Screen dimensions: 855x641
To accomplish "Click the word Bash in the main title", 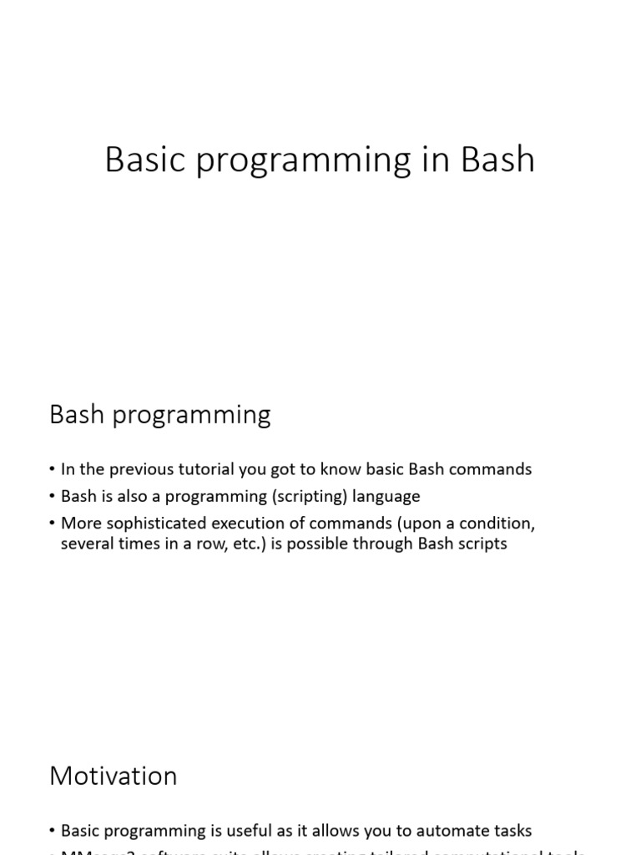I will tap(497, 159).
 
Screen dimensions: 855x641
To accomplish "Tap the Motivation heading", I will tap(114, 776).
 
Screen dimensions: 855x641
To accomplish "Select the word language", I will tap(386, 496).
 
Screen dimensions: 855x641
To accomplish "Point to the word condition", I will tap(497, 524).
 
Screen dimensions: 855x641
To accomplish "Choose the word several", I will tap(86, 544).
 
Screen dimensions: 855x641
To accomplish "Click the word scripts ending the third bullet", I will tap(482, 544).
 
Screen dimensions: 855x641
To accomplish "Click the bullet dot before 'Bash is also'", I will tap(53, 497).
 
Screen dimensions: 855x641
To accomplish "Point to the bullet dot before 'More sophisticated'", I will tap(53, 524).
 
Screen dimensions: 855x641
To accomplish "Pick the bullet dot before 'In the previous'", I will tap(53, 470).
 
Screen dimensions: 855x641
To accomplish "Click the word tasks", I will tap(510, 831).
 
